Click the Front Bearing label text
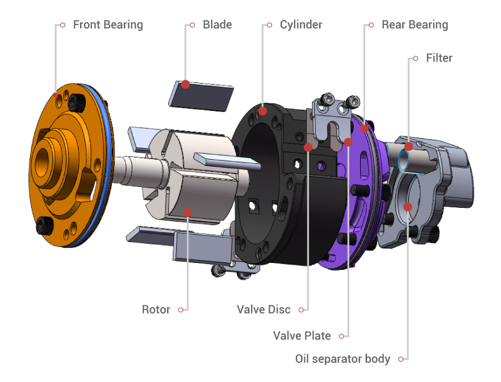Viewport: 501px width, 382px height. click(x=108, y=24)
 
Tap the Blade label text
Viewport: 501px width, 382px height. click(x=217, y=24)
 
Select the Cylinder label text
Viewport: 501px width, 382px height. click(x=301, y=24)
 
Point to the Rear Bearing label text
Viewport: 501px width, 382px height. click(x=415, y=24)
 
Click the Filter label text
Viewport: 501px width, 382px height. click(x=439, y=58)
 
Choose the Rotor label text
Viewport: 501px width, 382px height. click(x=156, y=309)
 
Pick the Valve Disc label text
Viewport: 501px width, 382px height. click(x=264, y=309)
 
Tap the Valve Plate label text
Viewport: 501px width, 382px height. click(x=302, y=336)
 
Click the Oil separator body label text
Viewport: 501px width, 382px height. click(x=343, y=359)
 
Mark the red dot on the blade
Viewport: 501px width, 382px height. click(x=186, y=84)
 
